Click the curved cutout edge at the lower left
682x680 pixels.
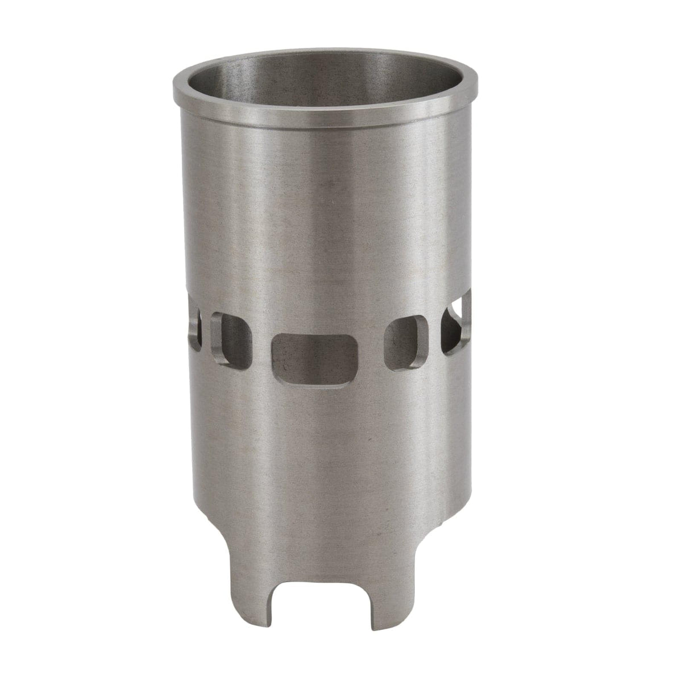[x=261, y=526]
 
